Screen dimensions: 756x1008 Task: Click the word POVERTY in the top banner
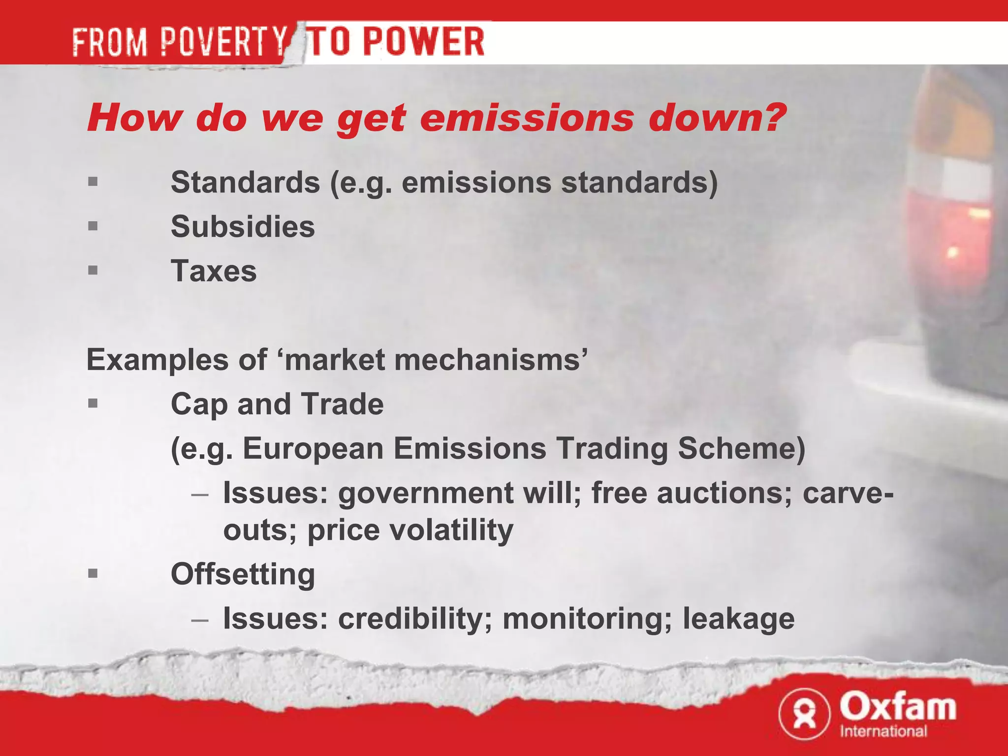[x=224, y=42]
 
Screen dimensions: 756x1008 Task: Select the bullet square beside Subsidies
[x=93, y=226]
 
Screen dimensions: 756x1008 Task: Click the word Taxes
[x=214, y=271]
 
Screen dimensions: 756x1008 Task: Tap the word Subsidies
[x=243, y=227]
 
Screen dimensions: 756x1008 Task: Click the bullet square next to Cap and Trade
[x=93, y=404]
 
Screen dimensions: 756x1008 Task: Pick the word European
[x=313, y=449]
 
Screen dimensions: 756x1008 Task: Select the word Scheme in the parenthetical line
[x=741, y=449]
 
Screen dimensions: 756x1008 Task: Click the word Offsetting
[x=243, y=574]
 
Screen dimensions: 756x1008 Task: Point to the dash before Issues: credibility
[x=200, y=619]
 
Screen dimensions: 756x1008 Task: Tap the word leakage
[x=738, y=619]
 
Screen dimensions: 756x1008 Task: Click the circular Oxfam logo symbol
[x=804, y=714]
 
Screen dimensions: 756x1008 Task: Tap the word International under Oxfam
[x=883, y=731]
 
